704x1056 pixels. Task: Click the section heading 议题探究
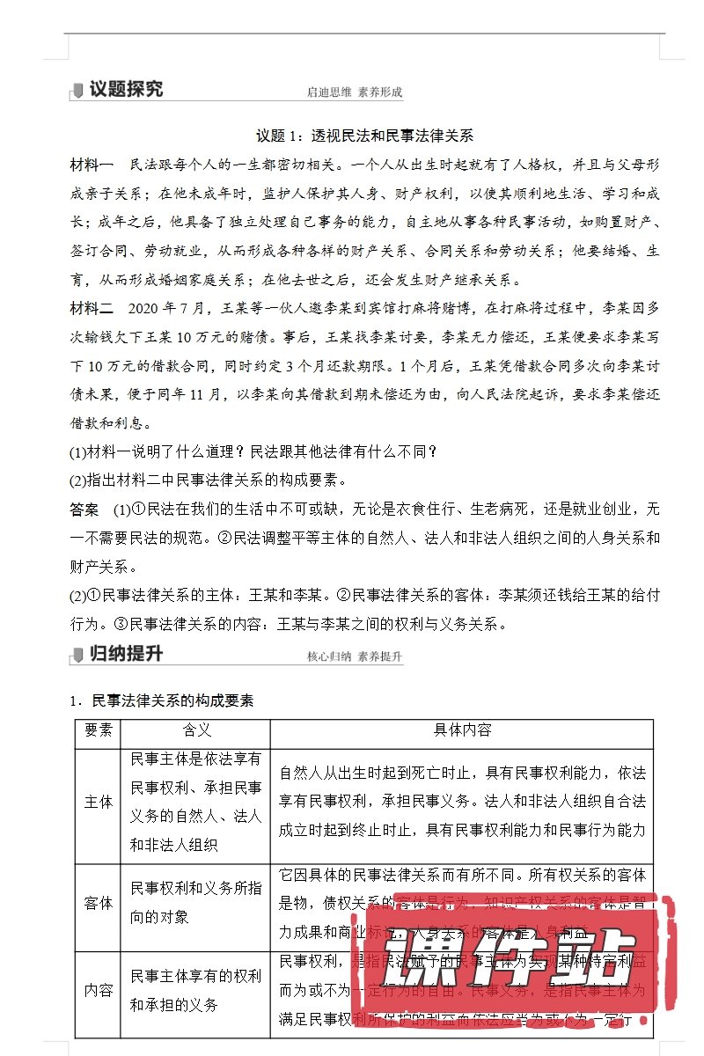[125, 89]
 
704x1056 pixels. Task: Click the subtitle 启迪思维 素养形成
[354, 92]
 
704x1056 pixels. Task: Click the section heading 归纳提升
[125, 654]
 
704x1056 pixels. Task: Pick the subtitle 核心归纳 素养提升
[354, 656]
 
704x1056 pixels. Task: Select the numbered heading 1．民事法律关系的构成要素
[162, 700]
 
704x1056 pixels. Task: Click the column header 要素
[98, 730]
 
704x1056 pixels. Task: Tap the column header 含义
[196, 730]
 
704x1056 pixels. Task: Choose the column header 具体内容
[462, 730]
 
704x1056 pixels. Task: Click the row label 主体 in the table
[98, 802]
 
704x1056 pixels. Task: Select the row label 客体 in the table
[98, 903]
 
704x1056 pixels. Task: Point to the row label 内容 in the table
[98, 990]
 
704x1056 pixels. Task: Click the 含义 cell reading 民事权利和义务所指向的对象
[195, 903]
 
